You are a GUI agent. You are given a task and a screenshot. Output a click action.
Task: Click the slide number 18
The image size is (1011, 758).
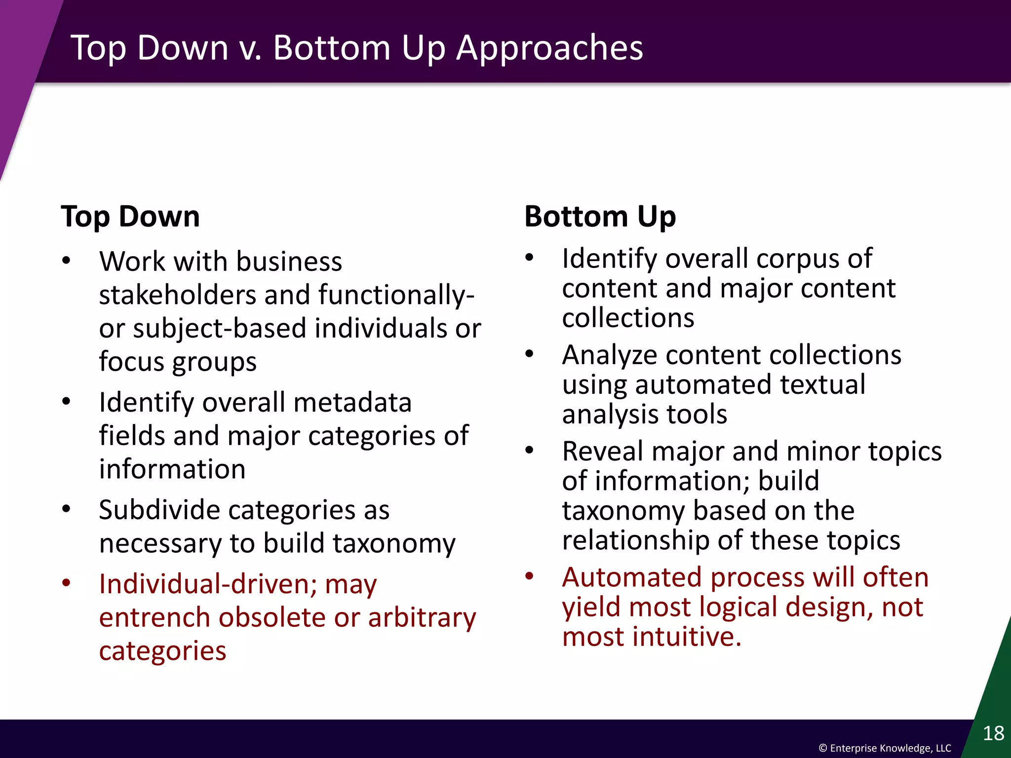[993, 733]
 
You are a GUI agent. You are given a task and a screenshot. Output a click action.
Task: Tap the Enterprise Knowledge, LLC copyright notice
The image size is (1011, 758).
[885, 748]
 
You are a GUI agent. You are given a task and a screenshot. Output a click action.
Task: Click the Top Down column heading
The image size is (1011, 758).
[130, 217]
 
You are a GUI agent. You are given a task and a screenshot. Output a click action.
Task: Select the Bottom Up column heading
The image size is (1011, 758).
[600, 217]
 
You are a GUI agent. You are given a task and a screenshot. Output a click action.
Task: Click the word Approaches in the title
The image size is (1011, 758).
[549, 48]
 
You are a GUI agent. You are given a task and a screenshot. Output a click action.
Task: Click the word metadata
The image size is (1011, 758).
[352, 402]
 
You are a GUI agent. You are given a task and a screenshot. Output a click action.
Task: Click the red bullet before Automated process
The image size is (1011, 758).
[529, 576]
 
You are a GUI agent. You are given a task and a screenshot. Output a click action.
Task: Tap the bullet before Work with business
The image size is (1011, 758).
[66, 261]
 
